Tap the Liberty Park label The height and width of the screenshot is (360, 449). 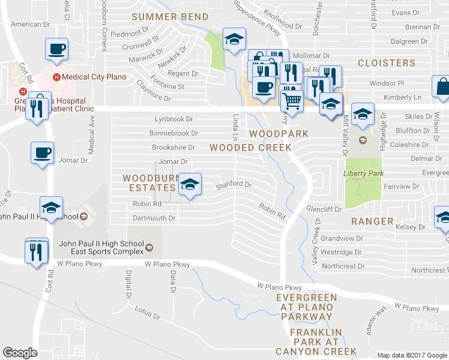[x=362, y=173]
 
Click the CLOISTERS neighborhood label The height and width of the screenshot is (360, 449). [x=387, y=63]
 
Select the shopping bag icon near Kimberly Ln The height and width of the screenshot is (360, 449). [x=442, y=87]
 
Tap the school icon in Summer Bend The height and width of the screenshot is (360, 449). [x=233, y=39]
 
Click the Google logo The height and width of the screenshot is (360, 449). [x=20, y=353]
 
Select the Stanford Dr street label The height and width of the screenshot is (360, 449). [x=234, y=185]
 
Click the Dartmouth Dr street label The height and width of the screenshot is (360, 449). [x=154, y=218]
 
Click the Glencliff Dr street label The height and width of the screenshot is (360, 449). [x=324, y=209]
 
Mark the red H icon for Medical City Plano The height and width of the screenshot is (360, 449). [x=58, y=77]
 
